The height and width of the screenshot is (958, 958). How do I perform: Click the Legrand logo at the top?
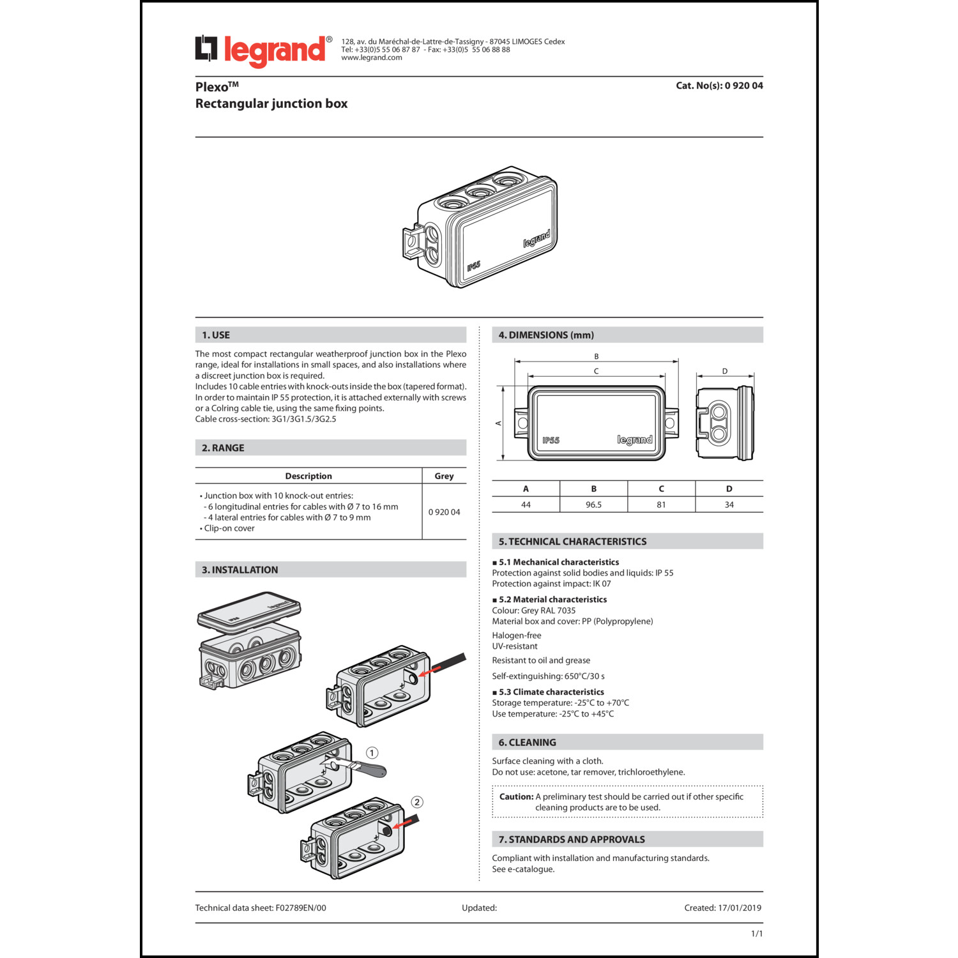click(263, 50)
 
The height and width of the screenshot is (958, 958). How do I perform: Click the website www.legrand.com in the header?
click(372, 57)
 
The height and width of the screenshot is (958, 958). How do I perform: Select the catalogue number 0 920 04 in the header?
click(743, 86)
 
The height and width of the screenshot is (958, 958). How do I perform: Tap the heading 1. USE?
click(216, 335)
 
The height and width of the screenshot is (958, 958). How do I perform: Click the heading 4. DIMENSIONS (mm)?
click(546, 335)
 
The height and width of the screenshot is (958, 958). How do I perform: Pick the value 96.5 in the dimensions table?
click(593, 505)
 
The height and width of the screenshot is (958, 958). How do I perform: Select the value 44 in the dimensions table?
click(526, 505)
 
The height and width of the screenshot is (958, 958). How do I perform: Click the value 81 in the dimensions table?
click(661, 505)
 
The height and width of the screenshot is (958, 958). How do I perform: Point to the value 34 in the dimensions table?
click(729, 505)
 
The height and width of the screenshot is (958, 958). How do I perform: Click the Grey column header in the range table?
click(444, 476)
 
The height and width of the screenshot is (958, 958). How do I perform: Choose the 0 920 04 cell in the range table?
click(444, 512)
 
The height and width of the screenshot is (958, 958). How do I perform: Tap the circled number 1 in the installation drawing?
click(372, 753)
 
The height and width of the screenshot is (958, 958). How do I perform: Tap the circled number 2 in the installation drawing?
click(417, 802)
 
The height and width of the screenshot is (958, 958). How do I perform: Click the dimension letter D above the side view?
click(724, 371)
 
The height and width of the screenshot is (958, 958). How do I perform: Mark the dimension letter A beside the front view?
click(499, 423)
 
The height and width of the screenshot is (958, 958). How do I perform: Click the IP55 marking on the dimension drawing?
click(551, 440)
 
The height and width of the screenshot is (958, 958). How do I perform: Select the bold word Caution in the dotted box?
click(516, 796)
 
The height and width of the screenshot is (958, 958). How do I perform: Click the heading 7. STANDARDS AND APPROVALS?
click(572, 840)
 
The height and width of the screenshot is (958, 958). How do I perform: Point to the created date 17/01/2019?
click(740, 908)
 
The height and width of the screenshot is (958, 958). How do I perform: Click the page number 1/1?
click(757, 934)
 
